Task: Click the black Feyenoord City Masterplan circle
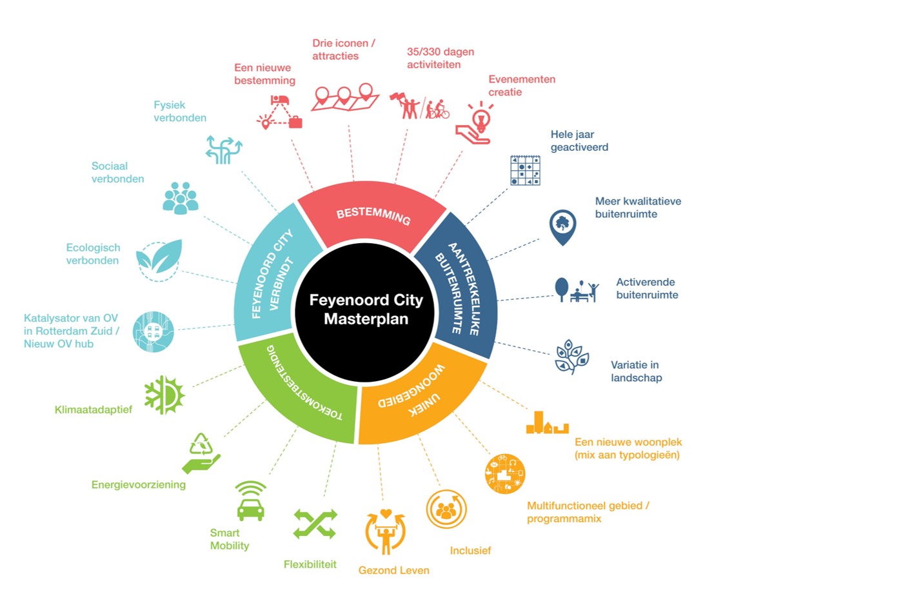coord(365,311)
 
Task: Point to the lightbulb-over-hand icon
coord(475,123)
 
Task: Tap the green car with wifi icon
coord(251,501)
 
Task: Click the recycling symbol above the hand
coord(201,444)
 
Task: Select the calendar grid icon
coord(526,170)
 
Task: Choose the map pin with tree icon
coord(563,227)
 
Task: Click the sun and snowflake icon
coord(164,395)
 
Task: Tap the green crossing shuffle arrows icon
coord(315,524)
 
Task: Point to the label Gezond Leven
coord(394,570)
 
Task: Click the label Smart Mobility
coord(230,539)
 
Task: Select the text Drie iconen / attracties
coord(344,50)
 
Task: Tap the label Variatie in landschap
coord(637,371)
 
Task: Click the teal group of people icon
coord(181,198)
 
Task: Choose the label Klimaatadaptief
coord(94,410)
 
